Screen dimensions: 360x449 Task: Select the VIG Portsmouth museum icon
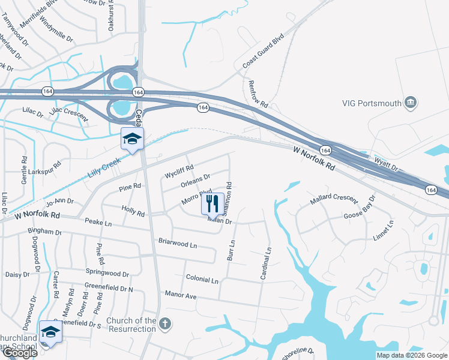(411, 103)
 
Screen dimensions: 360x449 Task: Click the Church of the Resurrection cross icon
(165, 324)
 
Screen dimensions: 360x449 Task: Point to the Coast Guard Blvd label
(262, 54)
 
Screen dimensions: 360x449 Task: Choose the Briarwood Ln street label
(177, 245)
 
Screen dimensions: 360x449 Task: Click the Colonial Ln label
(202, 280)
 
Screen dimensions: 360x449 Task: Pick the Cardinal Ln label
(265, 264)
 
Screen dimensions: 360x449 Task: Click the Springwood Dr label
(107, 274)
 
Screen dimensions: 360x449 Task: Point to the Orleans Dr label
(195, 178)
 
